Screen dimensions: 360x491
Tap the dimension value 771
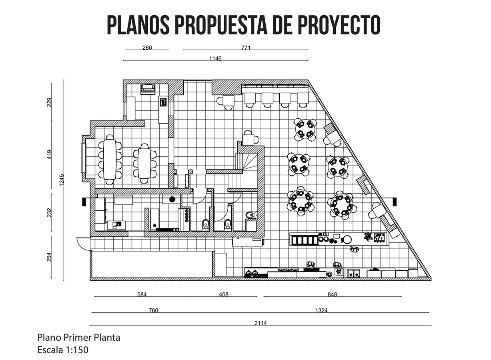[x=246, y=48]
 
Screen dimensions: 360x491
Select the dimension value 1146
[x=215, y=58]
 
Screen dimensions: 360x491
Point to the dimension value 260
[x=147, y=48]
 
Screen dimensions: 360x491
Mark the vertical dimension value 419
[x=49, y=154]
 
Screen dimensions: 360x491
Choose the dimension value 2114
[x=260, y=323]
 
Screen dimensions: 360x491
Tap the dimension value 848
[x=332, y=294]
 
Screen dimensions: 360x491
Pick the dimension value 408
[x=224, y=294]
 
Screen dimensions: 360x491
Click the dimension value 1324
[x=321, y=310]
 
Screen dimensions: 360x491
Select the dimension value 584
[x=142, y=294]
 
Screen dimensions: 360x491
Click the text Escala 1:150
[x=62, y=350]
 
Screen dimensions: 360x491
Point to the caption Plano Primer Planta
[x=78, y=337]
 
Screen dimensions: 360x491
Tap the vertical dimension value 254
[x=49, y=257]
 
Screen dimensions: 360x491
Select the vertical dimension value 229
[x=49, y=102]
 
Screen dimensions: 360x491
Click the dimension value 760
[x=153, y=310]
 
